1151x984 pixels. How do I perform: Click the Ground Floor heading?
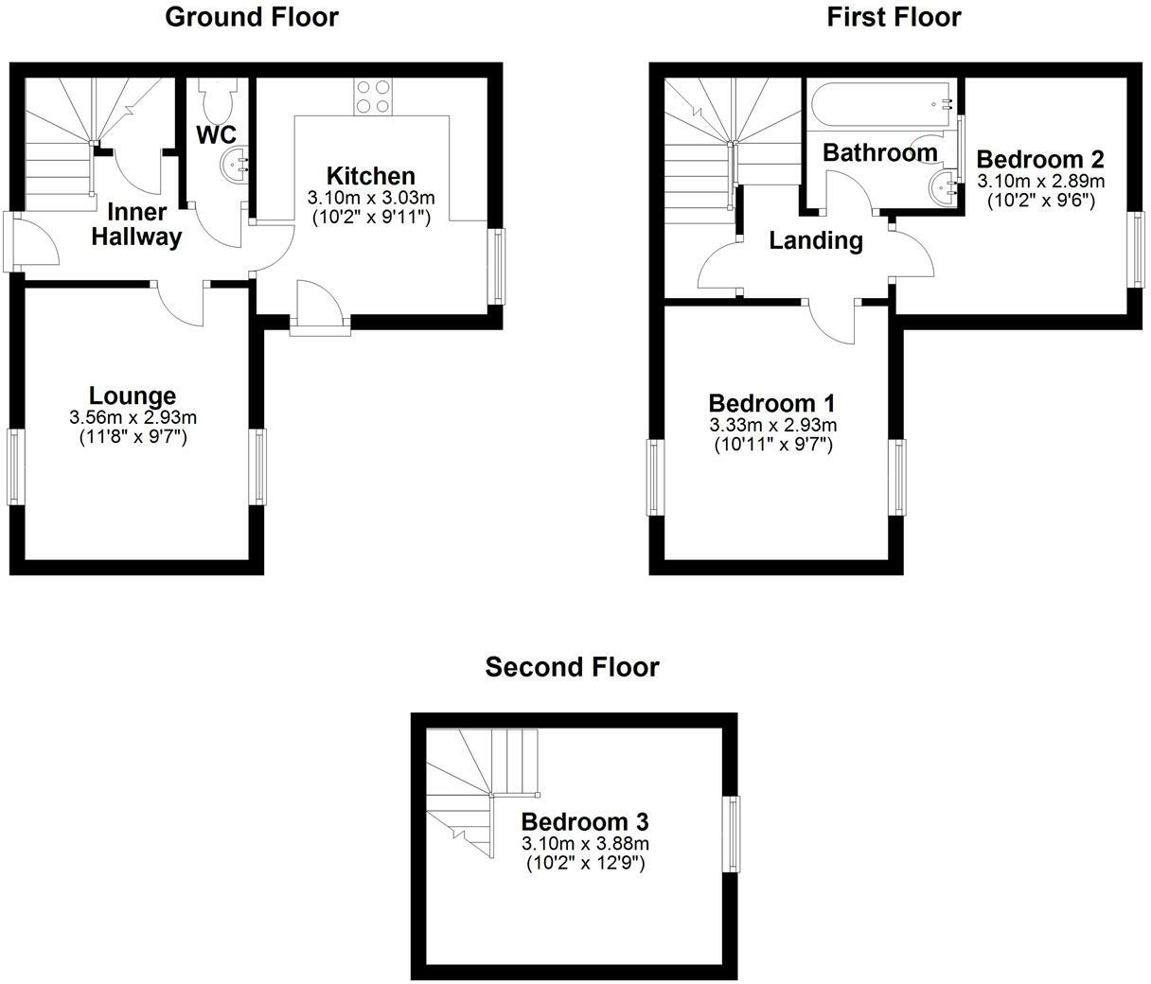[x=251, y=17]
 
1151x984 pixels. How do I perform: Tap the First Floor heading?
[x=894, y=17]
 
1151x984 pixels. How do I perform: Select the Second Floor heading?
[x=572, y=667]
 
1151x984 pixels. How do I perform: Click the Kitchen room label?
[x=370, y=176]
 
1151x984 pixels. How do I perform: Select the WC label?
[x=216, y=134]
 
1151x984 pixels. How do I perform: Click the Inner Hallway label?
[x=136, y=224]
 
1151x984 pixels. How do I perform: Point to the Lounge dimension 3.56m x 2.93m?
[x=133, y=417]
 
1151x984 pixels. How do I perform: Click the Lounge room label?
[x=133, y=396]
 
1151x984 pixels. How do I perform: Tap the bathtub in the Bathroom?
[x=880, y=106]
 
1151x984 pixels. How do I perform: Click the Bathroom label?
[x=879, y=152]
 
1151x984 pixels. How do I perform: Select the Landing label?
[x=815, y=241]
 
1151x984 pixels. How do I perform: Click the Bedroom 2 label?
[x=1040, y=159]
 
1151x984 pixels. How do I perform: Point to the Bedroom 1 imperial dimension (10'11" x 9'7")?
[x=772, y=445]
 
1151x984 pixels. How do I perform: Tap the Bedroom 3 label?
[x=585, y=821]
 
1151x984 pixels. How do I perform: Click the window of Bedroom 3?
[x=731, y=834]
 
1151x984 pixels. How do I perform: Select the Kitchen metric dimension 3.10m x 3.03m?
[x=370, y=198]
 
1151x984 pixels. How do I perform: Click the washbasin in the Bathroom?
[x=944, y=186]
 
